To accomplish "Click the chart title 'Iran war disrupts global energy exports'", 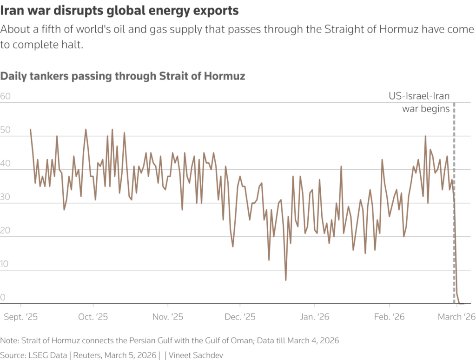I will [x=120, y=10].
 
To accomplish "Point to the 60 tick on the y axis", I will [x=6, y=97].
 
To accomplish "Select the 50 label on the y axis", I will [x=6, y=130].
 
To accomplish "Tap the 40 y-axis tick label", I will [x=6, y=164].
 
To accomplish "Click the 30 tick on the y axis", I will [x=6, y=197].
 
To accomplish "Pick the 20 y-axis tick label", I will [x=6, y=231].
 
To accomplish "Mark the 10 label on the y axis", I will [x=6, y=264].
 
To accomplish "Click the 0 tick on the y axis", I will [x=3, y=298].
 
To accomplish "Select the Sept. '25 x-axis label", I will [x=21, y=317].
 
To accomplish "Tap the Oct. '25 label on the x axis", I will [x=93, y=317].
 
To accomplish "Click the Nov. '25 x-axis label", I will [x=168, y=317].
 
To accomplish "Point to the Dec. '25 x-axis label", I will [x=240, y=317].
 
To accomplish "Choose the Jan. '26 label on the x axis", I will [x=315, y=317].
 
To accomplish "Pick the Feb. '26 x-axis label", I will [x=389, y=317].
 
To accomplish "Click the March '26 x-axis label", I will [x=456, y=317].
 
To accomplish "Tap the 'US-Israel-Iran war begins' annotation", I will [x=419, y=103].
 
